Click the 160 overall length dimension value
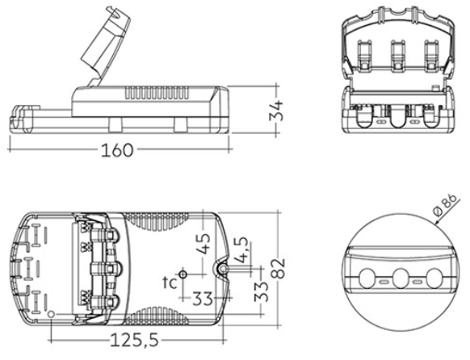click(x=116, y=150)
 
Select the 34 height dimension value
click(x=275, y=111)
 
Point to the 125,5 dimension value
click(x=134, y=341)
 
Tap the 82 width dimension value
click(x=279, y=268)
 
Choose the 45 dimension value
click(x=204, y=243)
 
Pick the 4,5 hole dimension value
click(x=241, y=250)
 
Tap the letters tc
click(x=170, y=283)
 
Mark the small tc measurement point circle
click(x=183, y=274)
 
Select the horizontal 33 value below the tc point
click(x=203, y=299)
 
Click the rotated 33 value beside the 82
click(x=261, y=291)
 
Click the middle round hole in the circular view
click(x=401, y=278)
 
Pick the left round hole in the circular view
click(x=367, y=278)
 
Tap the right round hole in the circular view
click(x=434, y=278)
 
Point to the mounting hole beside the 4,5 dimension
click(x=223, y=269)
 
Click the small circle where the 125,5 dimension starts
click(x=52, y=314)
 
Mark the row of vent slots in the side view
click(x=157, y=93)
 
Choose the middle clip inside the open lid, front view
click(x=398, y=56)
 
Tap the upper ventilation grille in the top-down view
click(x=157, y=222)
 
